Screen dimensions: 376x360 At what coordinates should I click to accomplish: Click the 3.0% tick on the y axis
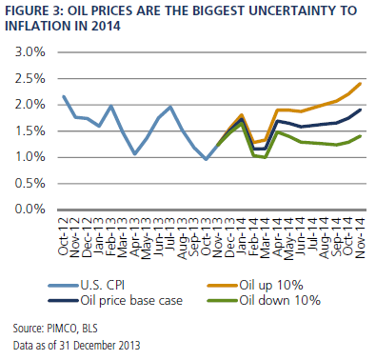(x=30, y=52)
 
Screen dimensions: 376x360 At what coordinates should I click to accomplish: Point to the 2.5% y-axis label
(x=30, y=79)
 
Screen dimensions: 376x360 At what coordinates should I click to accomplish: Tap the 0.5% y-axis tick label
(x=30, y=184)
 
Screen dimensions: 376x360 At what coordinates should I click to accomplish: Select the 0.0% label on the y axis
(x=30, y=210)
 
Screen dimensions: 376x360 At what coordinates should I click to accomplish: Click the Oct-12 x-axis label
(x=64, y=237)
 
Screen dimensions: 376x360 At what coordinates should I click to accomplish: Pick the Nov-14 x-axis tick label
(x=360, y=238)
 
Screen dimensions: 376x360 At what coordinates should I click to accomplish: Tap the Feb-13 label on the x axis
(x=111, y=237)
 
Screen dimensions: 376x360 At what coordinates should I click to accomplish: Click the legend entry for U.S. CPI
(x=87, y=285)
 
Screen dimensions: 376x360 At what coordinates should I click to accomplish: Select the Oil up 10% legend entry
(x=255, y=286)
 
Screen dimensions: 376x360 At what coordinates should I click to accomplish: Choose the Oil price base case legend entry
(x=115, y=300)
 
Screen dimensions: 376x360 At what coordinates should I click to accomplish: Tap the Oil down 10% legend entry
(x=264, y=300)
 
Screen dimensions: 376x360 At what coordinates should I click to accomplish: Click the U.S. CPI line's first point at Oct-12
(x=64, y=96)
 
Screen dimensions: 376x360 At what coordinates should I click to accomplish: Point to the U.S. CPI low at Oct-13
(x=207, y=159)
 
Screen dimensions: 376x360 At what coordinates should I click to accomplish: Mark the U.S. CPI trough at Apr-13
(x=135, y=154)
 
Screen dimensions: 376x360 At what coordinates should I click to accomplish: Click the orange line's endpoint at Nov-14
(x=360, y=84)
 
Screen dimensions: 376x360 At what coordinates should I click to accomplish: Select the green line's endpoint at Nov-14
(x=360, y=136)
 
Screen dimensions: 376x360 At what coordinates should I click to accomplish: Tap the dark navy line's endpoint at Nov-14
(x=360, y=110)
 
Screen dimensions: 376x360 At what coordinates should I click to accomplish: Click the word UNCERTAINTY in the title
(x=293, y=11)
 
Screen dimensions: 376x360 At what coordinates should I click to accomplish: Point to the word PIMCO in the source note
(x=62, y=328)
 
